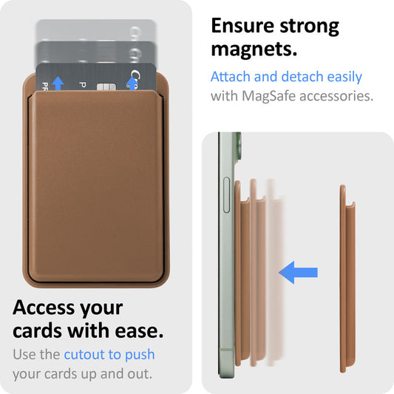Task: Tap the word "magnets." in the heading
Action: (x=254, y=50)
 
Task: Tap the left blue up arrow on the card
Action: (x=58, y=84)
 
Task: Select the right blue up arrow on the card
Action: (x=134, y=83)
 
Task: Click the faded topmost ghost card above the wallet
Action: (x=96, y=31)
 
